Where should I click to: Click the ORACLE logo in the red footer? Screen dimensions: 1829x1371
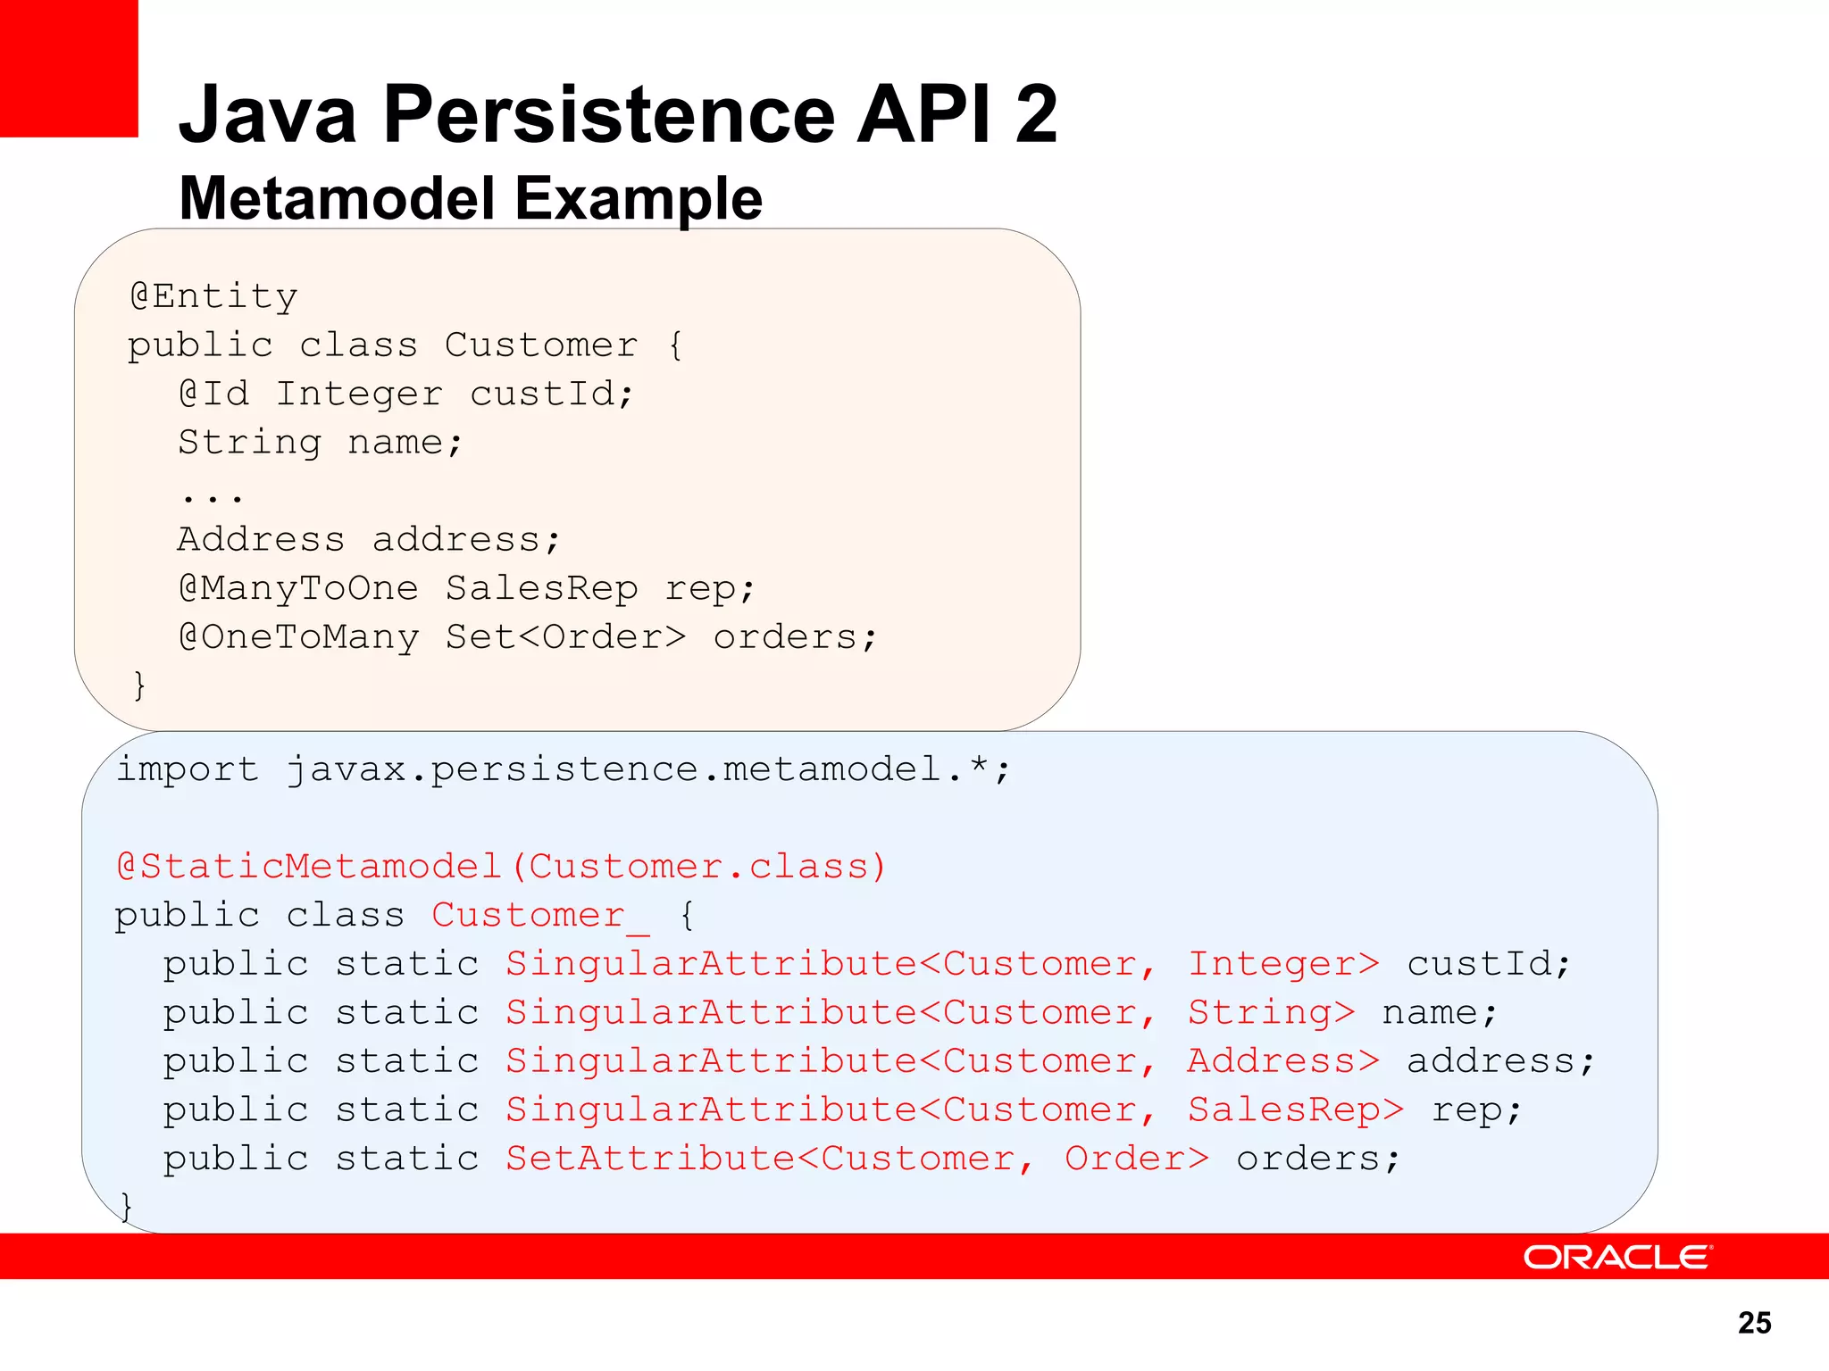pyautogui.click(x=1616, y=1257)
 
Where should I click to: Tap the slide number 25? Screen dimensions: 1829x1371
pyautogui.click(x=1754, y=1323)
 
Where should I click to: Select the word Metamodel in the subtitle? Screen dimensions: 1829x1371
pyautogui.click(x=337, y=198)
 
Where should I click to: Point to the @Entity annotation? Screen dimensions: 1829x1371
pyautogui.click(x=213, y=296)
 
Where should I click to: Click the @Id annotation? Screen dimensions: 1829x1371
pyautogui.click(x=213, y=394)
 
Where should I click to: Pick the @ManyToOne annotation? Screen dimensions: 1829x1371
pyautogui.click(x=298, y=588)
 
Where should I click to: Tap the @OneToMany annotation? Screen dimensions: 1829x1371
pyautogui.click(x=298, y=637)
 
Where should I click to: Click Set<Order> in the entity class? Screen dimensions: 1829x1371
pyautogui.click(x=565, y=637)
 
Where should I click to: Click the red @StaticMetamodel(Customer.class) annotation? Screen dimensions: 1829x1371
pyautogui.click(x=501, y=867)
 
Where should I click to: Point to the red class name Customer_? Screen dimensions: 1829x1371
pyautogui.click(x=540, y=916)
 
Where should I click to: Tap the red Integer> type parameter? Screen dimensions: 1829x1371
pyautogui.click(x=1283, y=964)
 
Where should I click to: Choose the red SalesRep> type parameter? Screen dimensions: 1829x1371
pyautogui.click(x=1295, y=1110)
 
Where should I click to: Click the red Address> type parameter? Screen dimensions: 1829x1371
pyautogui.click(x=1283, y=1061)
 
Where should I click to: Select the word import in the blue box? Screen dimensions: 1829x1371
pyautogui.click(x=188, y=769)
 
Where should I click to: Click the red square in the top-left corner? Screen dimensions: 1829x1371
pyautogui.click(x=69, y=68)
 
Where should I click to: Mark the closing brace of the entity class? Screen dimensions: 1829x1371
pyautogui.click(x=138, y=685)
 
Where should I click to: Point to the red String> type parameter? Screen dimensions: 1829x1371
pyautogui.click(x=1271, y=1013)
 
